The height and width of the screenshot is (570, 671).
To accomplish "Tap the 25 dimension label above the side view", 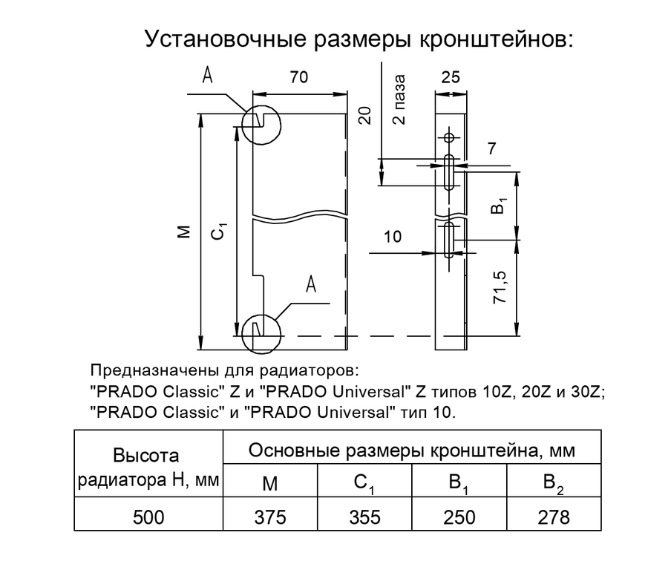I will click(450, 78).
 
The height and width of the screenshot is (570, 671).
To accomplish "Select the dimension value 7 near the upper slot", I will click(491, 148).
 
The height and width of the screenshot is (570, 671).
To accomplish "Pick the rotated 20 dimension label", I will click(364, 115).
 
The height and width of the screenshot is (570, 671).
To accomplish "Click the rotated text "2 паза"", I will click(399, 99).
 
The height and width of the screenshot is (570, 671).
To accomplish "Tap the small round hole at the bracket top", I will click(448, 137).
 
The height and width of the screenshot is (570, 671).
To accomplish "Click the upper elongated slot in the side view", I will click(448, 173).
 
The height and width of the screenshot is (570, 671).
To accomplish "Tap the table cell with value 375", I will click(270, 517).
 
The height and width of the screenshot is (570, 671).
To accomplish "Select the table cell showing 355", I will click(364, 517).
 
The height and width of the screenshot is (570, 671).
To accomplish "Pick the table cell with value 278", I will click(554, 517).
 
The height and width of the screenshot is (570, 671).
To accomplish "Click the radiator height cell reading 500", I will click(148, 517).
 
